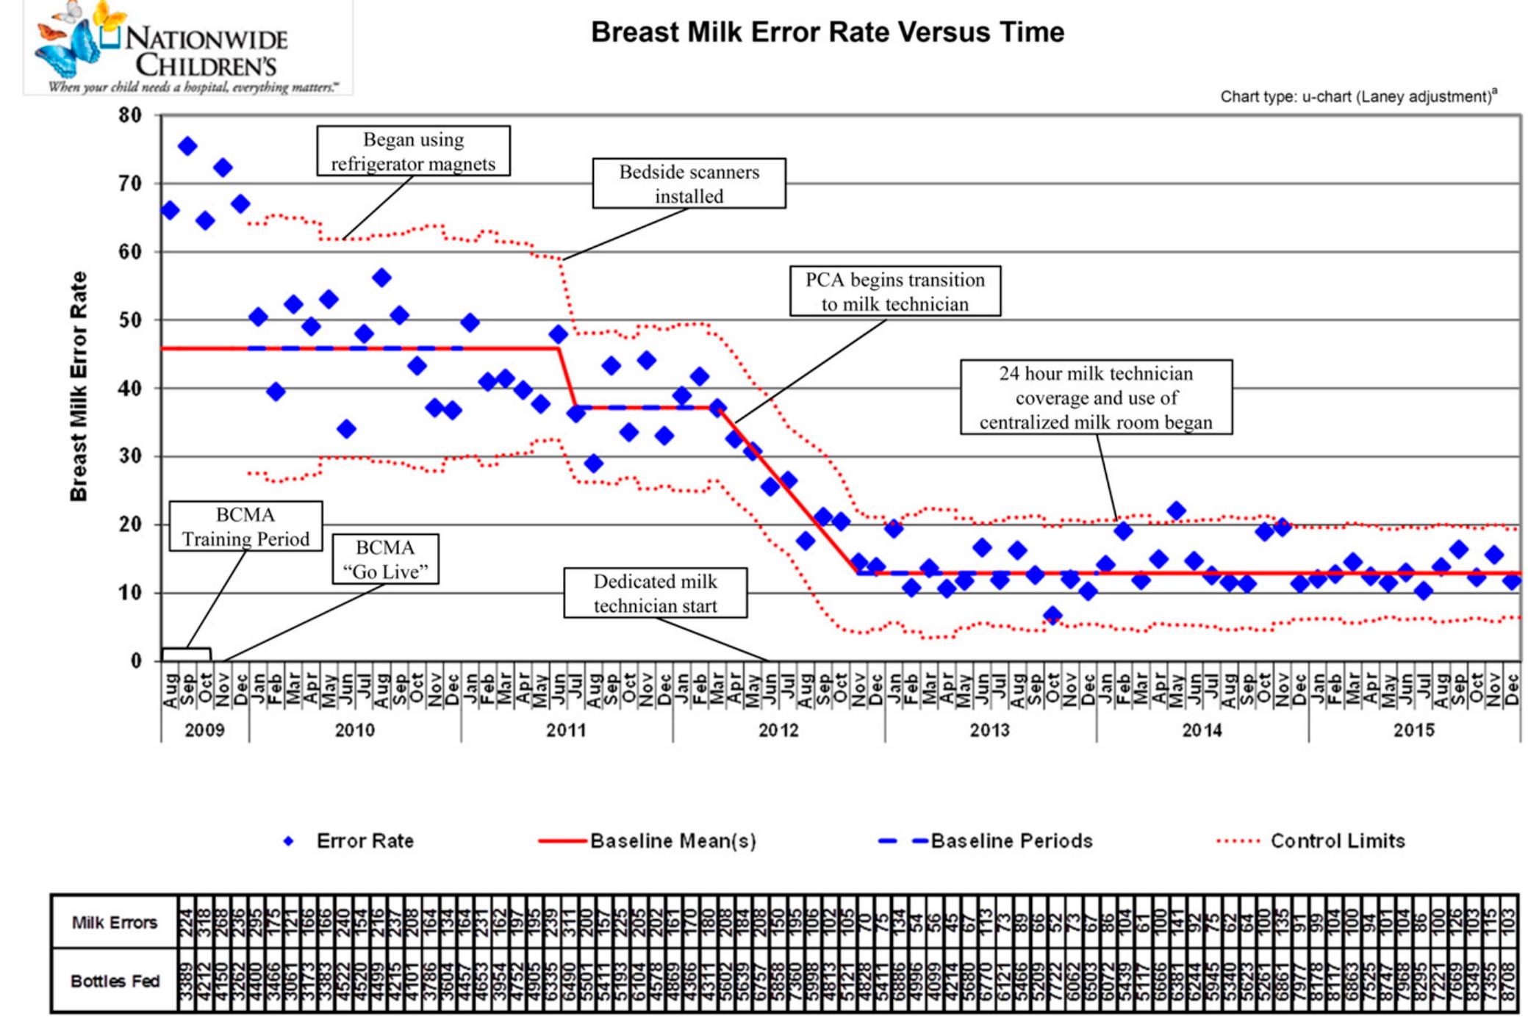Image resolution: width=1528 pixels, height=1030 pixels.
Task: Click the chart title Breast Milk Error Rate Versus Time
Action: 828,32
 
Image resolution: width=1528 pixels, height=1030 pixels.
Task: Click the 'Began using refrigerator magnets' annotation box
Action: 413,151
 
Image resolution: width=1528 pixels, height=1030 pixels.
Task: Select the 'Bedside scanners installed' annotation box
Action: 689,184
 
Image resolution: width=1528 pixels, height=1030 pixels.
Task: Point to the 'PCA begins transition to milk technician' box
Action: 894,292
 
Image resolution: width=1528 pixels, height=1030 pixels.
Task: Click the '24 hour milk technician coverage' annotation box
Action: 1095,397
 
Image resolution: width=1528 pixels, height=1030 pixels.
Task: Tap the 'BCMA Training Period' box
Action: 245,527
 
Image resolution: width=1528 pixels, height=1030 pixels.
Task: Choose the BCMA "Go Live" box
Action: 385,559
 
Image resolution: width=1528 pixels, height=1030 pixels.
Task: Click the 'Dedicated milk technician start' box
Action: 655,593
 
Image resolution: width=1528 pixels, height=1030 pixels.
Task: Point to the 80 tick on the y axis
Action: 129,115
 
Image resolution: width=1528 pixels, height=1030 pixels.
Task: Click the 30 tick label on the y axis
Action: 129,456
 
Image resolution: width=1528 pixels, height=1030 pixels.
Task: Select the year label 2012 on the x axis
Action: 778,730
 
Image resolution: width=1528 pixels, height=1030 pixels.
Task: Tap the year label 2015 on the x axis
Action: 1413,730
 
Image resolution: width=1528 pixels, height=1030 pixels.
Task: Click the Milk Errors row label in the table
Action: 114,923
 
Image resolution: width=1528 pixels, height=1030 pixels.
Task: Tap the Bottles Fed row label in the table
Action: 114,982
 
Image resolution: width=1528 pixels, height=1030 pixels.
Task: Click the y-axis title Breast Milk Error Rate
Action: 79,386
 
